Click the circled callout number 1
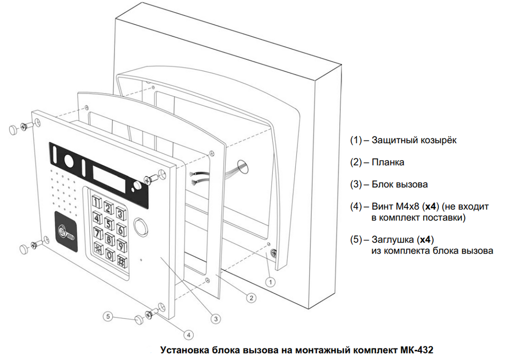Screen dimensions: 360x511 coord(271,281)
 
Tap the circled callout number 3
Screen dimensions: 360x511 coord(216,318)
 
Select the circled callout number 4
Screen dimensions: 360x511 coord(189,335)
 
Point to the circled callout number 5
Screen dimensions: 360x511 coord(107,317)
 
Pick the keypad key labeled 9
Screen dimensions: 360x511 coord(122,244)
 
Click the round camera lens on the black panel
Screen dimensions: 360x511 coord(68,161)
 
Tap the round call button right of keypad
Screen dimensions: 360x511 coord(140,225)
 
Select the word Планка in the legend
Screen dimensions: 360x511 coord(388,162)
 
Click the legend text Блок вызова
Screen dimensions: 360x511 coord(400,184)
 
